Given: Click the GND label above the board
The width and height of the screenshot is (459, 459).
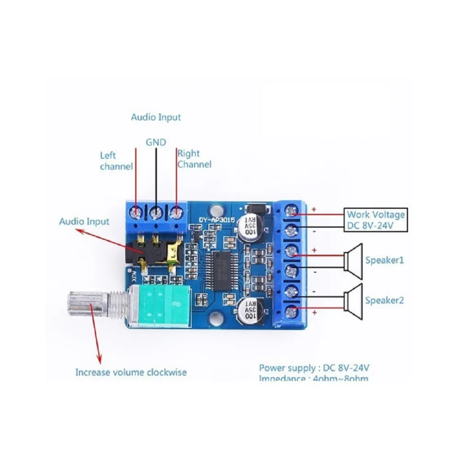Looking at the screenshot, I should pyautogui.click(x=156, y=142).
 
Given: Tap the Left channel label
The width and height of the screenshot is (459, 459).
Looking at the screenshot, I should pyautogui.click(x=116, y=161).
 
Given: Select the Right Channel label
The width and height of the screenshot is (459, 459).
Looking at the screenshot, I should pyautogui.click(x=194, y=159).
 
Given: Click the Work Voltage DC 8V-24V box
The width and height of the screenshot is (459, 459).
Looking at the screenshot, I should pyautogui.click(x=376, y=220).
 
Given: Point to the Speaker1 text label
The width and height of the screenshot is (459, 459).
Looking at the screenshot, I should pyautogui.click(x=385, y=260).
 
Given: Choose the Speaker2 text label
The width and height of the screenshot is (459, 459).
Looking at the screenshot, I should pyautogui.click(x=385, y=301).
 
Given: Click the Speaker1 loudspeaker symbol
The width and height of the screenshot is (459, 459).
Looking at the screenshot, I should pyautogui.click(x=353, y=261).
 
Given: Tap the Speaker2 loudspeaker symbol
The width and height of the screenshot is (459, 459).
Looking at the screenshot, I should pyautogui.click(x=353, y=301).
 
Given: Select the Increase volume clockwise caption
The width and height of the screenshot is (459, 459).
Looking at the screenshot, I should pyautogui.click(x=131, y=372).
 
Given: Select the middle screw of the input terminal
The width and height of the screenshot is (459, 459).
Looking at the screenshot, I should pyautogui.click(x=156, y=212).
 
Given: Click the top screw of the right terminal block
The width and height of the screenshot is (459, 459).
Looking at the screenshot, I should pyautogui.click(x=291, y=212).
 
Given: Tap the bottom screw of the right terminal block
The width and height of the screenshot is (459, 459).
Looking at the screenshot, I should pyautogui.click(x=291, y=313).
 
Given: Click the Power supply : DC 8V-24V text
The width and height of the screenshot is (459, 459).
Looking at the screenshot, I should pyautogui.click(x=314, y=367).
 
